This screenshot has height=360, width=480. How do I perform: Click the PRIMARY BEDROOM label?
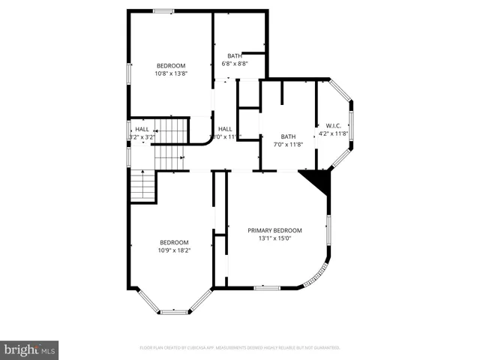274,230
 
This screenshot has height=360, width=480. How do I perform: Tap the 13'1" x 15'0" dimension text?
274,238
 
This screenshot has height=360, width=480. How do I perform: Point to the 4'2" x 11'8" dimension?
334,133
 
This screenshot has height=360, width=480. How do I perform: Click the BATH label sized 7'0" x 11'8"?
289,136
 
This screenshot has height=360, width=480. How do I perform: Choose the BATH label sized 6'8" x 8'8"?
235,55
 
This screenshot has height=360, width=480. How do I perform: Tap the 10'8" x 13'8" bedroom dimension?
170,73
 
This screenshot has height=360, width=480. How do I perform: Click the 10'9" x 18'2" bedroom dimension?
174,250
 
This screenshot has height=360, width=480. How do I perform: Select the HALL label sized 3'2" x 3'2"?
142,129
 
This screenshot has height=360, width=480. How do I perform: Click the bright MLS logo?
30,349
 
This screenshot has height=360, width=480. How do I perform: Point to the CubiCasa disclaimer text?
240,348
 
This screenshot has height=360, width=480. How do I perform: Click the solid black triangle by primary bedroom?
318,181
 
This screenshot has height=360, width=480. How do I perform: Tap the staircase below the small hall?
142,185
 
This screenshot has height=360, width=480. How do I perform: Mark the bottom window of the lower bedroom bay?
174,310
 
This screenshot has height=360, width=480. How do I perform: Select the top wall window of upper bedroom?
163,10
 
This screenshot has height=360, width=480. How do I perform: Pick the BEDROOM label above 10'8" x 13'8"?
170,65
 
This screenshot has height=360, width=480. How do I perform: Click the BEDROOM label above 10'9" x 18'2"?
174,242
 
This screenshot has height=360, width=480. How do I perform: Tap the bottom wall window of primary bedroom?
266,287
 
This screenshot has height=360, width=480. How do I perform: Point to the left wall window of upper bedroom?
128,70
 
